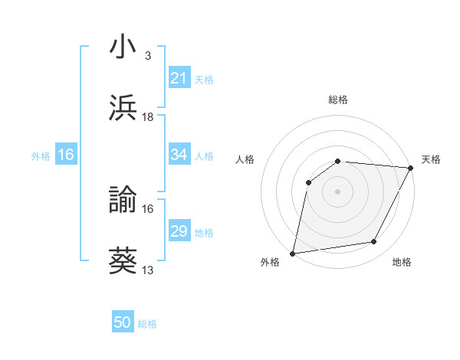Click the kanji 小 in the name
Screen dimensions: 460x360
[123, 47]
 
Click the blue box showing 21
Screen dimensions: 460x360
[179, 77]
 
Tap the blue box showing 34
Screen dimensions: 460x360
[179, 155]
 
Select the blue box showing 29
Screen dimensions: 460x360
[179, 231]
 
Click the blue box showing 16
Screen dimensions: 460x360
[65, 155]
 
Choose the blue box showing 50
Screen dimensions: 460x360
[123, 322]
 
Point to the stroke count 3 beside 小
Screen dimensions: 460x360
[147, 55]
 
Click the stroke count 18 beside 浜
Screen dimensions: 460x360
[148, 116]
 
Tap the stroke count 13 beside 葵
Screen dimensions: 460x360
[148, 270]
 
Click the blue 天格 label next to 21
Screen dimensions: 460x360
[204, 78]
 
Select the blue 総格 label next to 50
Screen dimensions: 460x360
[147, 323]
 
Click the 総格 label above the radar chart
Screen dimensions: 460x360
[338, 100]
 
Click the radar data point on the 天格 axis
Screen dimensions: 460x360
[411, 168]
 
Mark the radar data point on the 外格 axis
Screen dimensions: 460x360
[293, 253]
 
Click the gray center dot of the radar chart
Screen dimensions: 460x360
[338, 191]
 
